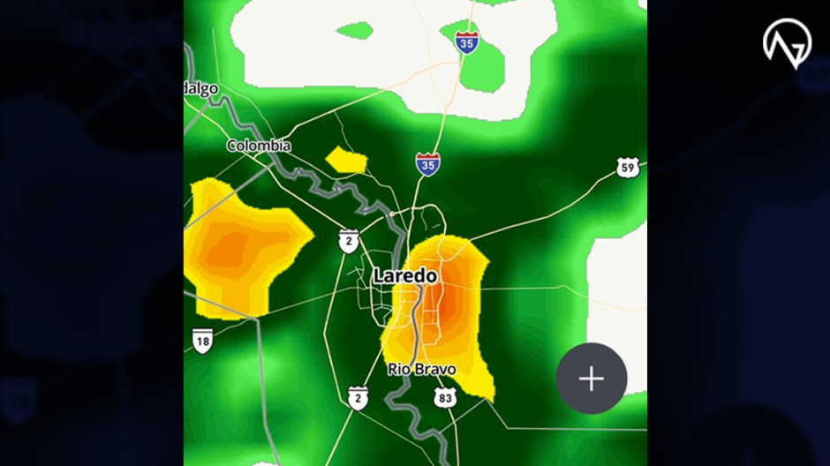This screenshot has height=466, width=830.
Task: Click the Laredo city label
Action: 405,275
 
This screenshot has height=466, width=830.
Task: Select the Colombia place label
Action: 259,146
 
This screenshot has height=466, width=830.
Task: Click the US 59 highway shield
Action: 627,168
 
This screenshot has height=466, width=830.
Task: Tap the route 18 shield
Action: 203,340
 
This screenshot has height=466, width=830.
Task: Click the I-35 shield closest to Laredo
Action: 428,163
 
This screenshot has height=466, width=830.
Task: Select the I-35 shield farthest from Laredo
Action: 467,41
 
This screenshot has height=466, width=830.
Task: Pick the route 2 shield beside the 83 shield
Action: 357,397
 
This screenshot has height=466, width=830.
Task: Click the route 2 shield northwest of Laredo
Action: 349,241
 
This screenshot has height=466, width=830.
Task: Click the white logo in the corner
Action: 787,42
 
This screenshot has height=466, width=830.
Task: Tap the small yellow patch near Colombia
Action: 346,160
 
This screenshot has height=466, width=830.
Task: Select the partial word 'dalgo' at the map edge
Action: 201,89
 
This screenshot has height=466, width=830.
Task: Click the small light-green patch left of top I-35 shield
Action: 356,31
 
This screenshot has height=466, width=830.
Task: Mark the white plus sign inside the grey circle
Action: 592,379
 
